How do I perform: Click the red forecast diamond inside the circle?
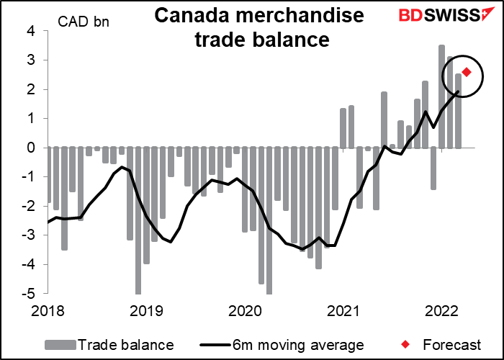coord(467,72)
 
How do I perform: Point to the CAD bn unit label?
coord(84,22)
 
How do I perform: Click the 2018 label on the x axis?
coord(48,312)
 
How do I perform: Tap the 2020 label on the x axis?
coord(246,312)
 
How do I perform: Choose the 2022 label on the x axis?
coord(441,312)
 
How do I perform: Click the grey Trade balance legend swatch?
coord(61,345)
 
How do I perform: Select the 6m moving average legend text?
coord(298,345)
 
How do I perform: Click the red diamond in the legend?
coord(406,345)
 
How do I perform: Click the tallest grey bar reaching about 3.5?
coord(441,96)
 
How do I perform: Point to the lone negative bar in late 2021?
coord(433,168)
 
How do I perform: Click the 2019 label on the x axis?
coord(147,312)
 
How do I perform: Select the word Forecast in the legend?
coord(452,345)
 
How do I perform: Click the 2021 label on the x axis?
coord(343,312)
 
